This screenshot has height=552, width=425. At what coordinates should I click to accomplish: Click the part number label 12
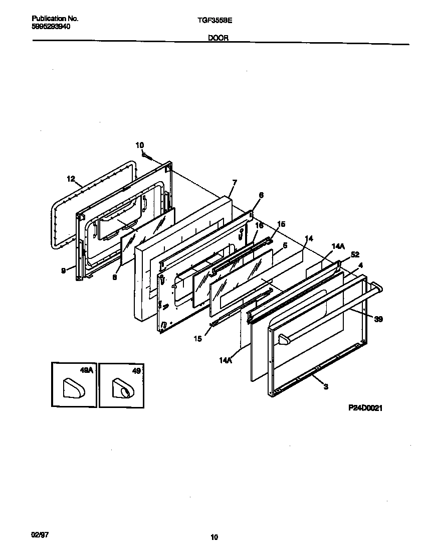[71, 179]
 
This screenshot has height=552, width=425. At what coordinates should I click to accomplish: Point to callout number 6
[261, 195]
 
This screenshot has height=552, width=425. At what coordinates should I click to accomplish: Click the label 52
[355, 255]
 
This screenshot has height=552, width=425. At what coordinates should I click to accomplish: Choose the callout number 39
[378, 319]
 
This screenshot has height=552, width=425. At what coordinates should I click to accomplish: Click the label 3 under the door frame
[326, 387]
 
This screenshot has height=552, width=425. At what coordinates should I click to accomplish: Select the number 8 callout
[114, 277]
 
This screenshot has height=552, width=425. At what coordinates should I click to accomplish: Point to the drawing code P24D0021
[365, 408]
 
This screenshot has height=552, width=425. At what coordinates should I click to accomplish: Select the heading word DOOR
[218, 38]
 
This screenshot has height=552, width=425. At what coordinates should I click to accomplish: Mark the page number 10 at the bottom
[214, 537]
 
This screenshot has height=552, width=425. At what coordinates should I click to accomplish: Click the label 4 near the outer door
[360, 264]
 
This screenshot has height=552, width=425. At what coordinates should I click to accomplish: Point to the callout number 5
[285, 246]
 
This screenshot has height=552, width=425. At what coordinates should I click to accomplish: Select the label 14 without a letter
[309, 238]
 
